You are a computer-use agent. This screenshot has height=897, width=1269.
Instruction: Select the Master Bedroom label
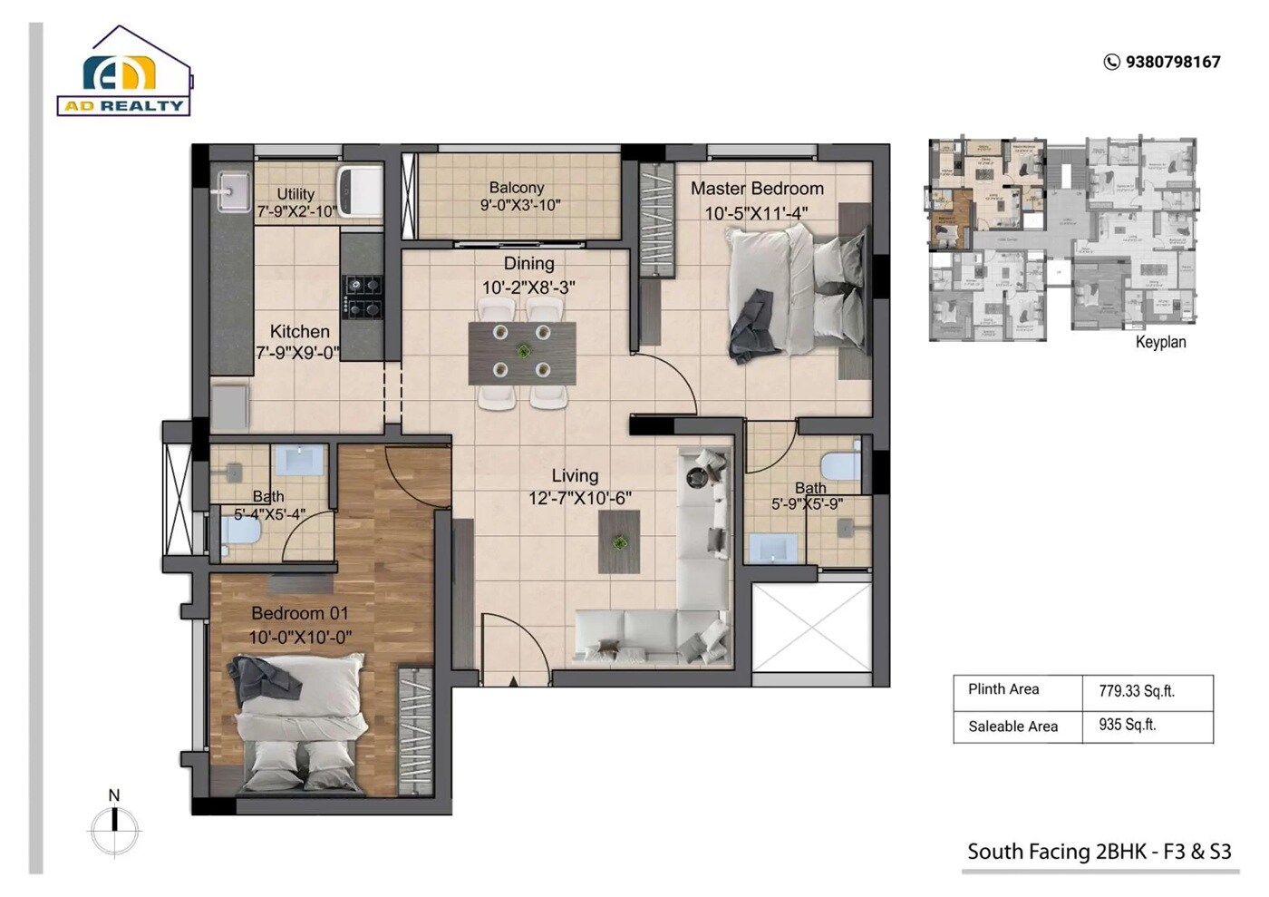pyautogui.click(x=757, y=189)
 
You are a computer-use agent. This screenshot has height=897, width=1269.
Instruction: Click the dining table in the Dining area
pyautogui.click(x=522, y=354)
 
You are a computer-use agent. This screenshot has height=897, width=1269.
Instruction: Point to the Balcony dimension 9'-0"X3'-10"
pyautogui.click(x=520, y=206)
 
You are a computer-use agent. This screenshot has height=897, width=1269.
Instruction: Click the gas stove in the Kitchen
pyautogui.click(x=363, y=297)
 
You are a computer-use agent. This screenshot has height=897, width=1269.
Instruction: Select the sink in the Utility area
pyautogui.click(x=232, y=191)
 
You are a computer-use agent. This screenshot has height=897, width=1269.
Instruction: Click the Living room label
pyautogui.click(x=575, y=475)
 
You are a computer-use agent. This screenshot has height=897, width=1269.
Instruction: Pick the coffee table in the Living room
pyautogui.click(x=619, y=541)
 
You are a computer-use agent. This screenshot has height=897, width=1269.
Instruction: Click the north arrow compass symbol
pyautogui.click(x=114, y=827)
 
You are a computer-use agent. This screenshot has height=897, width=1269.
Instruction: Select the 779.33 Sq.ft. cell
pyautogui.click(x=1137, y=691)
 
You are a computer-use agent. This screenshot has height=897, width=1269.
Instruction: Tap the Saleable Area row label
pyautogui.click(x=1012, y=726)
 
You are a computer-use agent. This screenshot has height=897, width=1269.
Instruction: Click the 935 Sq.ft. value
pyautogui.click(x=1127, y=726)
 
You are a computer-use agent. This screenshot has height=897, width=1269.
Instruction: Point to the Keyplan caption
pyautogui.click(x=1160, y=342)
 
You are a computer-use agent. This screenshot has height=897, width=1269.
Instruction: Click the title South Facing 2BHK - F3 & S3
pyautogui.click(x=1099, y=852)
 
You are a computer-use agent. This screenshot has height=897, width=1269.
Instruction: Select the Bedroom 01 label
pyautogui.click(x=300, y=613)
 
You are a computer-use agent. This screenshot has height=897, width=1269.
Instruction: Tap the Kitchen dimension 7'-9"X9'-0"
pyautogui.click(x=297, y=353)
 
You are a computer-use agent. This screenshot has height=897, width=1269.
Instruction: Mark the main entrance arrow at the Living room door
pyautogui.click(x=514, y=680)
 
